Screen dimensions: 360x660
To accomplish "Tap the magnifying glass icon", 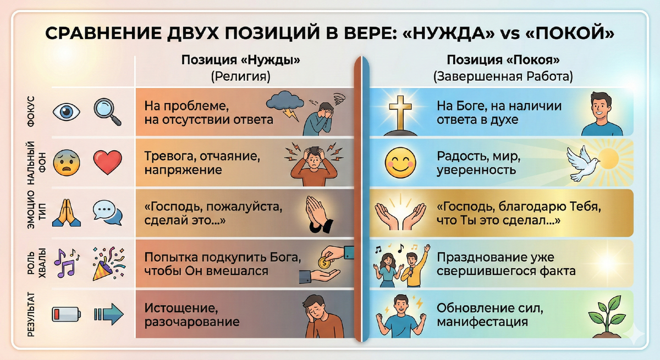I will click(105, 109).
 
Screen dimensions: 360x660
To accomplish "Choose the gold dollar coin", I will click(324, 262).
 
